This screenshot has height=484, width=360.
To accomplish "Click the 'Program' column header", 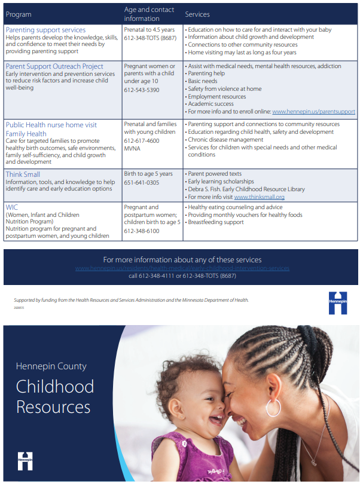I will click(19, 14).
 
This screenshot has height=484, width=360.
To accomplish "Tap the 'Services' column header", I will click(197, 14).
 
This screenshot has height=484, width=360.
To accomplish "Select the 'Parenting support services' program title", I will click(45, 30).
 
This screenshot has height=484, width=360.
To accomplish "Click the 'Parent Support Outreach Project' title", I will click(54, 66).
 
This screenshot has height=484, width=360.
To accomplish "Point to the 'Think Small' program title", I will click(23, 174).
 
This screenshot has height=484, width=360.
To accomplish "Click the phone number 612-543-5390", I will click(142, 90).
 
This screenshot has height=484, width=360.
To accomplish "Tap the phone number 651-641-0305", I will click(142, 183).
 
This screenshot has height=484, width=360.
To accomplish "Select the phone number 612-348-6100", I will click(142, 231).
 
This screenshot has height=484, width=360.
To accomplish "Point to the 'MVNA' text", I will click(132, 148).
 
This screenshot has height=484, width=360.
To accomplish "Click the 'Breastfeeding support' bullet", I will click(216, 222).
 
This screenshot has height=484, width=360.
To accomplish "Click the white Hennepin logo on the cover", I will click(25, 460).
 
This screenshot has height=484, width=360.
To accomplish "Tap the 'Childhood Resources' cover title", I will click(54, 397).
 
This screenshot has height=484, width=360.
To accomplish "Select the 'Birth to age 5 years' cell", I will click(148, 174).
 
